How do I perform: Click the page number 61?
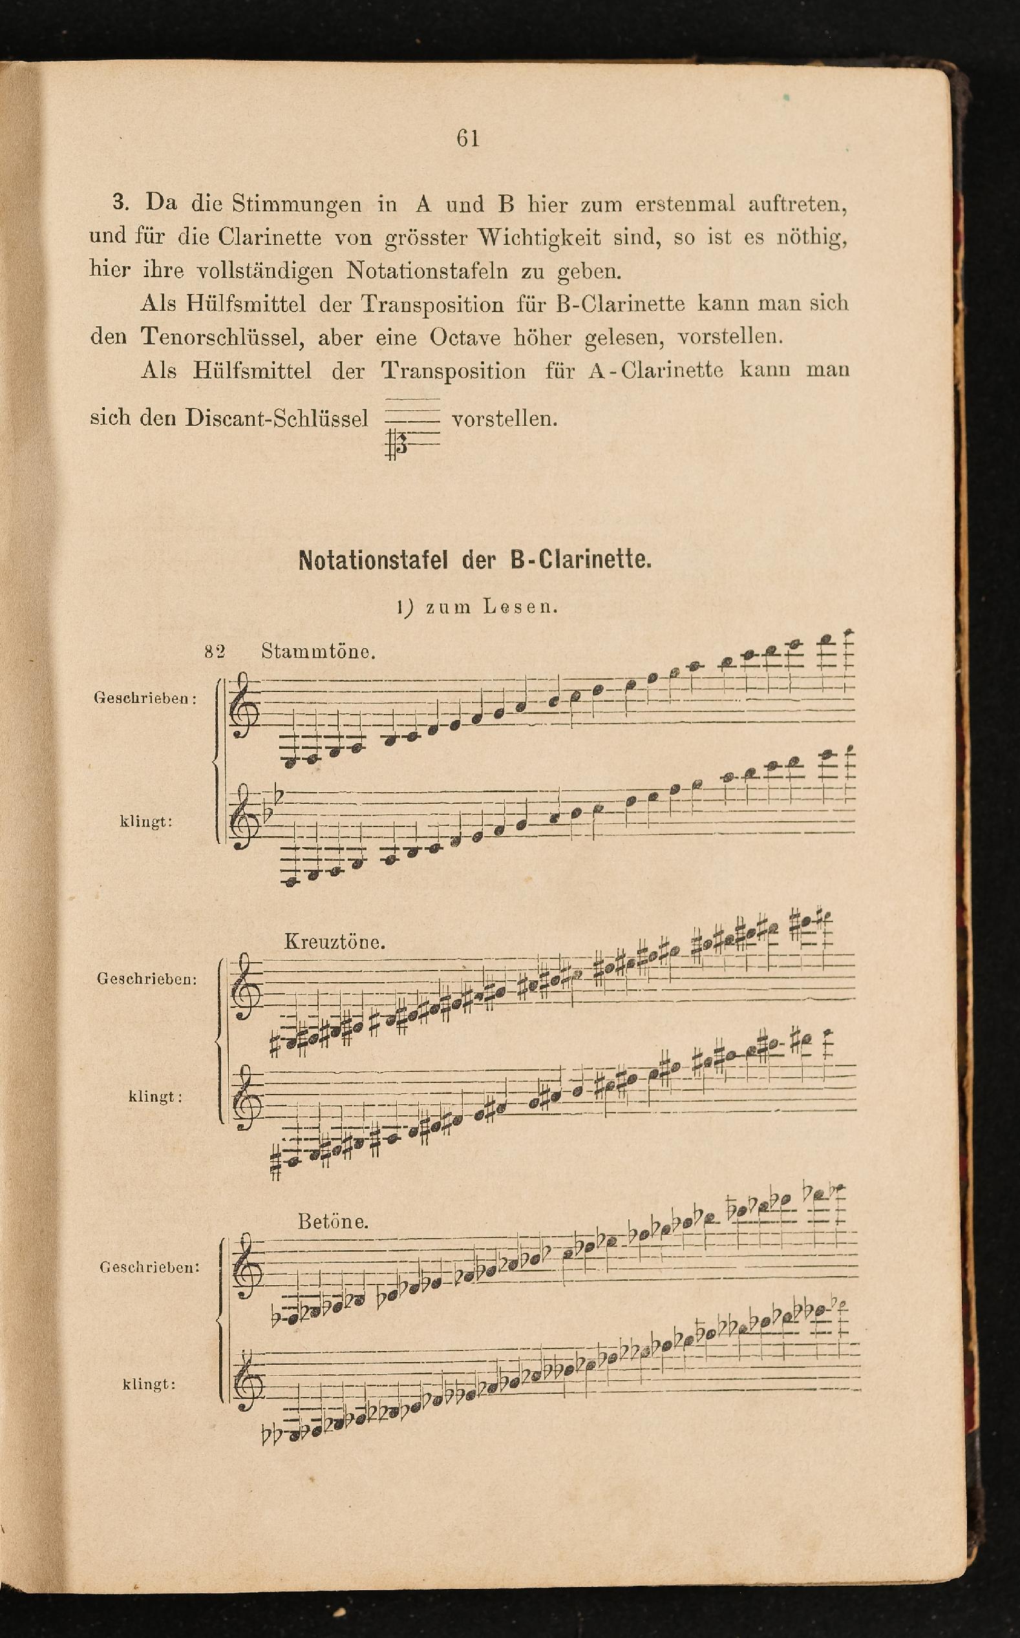pyautogui.click(x=467, y=138)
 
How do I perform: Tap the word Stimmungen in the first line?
pyautogui.click(x=296, y=204)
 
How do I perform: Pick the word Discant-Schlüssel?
pyautogui.click(x=277, y=418)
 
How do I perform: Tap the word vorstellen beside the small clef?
pyautogui.click(x=504, y=419)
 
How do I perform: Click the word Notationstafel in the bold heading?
pyautogui.click(x=372, y=560)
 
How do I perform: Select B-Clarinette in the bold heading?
pyautogui.click(x=581, y=560)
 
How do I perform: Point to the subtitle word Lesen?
pyautogui.click(x=520, y=607)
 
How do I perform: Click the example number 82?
pyautogui.click(x=215, y=652)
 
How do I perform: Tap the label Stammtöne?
pyautogui.click(x=318, y=652)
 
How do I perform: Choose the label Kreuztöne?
pyautogui.click(x=335, y=942)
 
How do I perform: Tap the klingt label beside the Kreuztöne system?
pyautogui.click(x=155, y=1097)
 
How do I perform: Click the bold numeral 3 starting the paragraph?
pyautogui.click(x=120, y=202)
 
